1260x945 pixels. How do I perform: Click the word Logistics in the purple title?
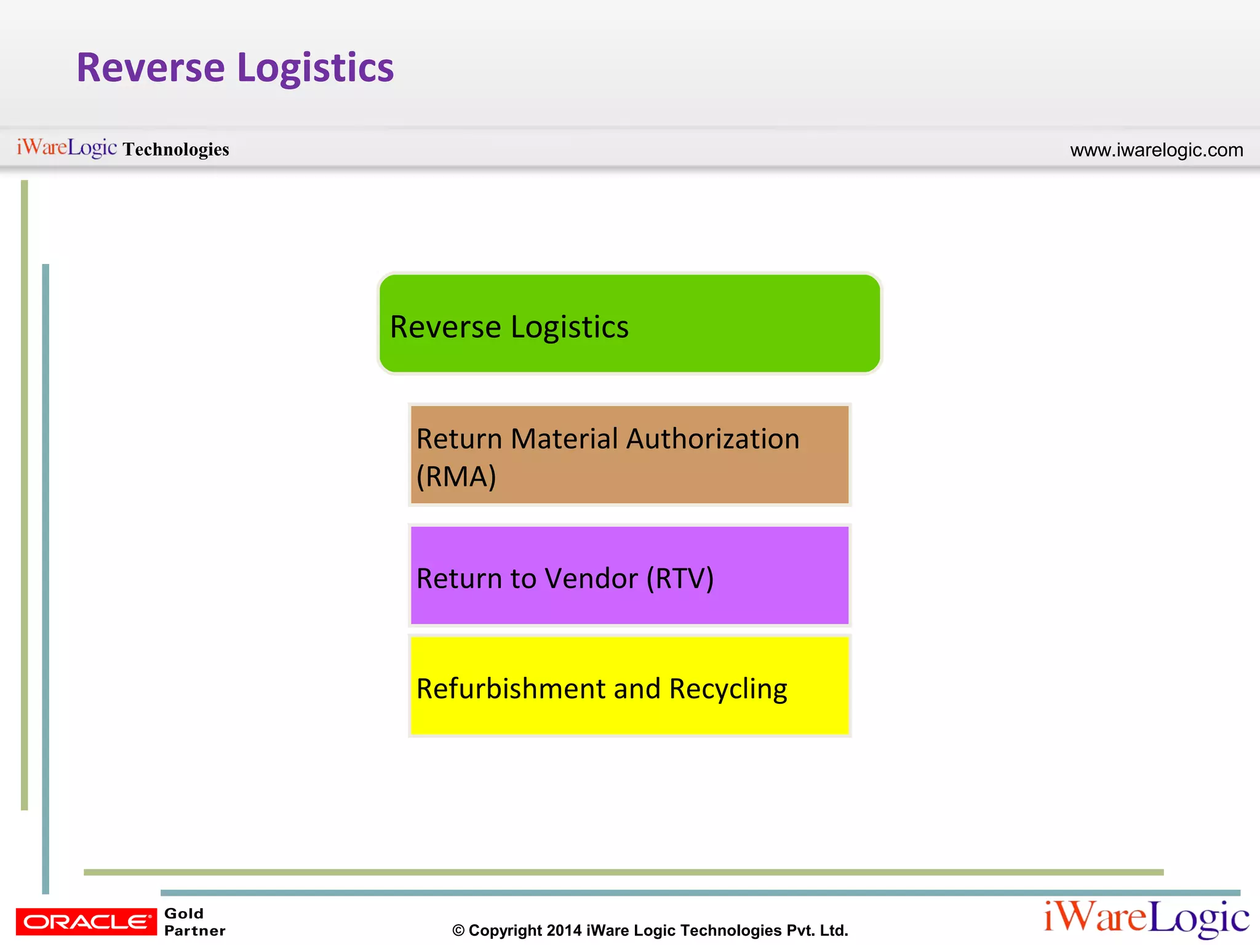pos(315,68)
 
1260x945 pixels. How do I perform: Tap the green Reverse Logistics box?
pos(629,324)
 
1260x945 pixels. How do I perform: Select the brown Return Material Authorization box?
pos(629,455)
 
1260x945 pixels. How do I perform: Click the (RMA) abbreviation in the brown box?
pos(456,477)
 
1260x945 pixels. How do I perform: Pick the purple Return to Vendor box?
pos(629,575)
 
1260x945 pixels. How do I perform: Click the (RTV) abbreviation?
pos(680,578)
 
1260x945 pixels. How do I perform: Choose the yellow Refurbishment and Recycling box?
pos(629,686)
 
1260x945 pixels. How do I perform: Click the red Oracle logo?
pos(86,922)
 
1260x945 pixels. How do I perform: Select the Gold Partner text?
pos(194,922)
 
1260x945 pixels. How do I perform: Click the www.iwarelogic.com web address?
pos(1156,150)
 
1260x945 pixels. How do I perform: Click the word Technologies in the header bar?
pos(175,150)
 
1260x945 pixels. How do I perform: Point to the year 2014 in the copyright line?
pos(564,930)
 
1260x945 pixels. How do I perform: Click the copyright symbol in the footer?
pos(458,931)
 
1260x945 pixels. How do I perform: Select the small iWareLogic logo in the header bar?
pos(66,148)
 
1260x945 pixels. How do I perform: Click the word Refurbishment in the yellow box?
pos(511,689)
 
